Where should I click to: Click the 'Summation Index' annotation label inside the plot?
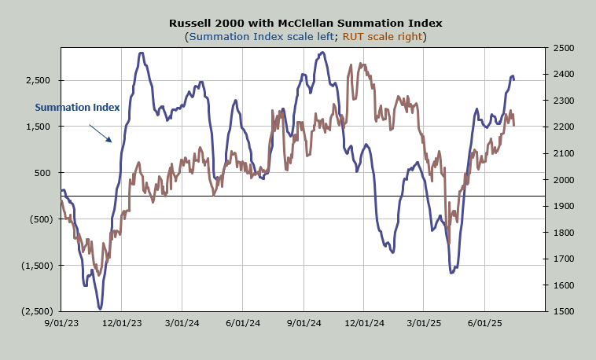[x=77, y=107]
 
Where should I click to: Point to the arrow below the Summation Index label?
[x=100, y=133]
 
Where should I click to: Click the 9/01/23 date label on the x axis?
[x=61, y=322]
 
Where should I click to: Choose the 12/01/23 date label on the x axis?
[x=122, y=322]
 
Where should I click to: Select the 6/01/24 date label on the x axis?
[x=244, y=322]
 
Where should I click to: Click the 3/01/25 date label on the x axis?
[x=425, y=322]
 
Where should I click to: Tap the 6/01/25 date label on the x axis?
[x=485, y=322]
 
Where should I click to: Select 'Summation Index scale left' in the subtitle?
[x=261, y=36]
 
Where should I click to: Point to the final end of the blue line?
[x=514, y=79]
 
